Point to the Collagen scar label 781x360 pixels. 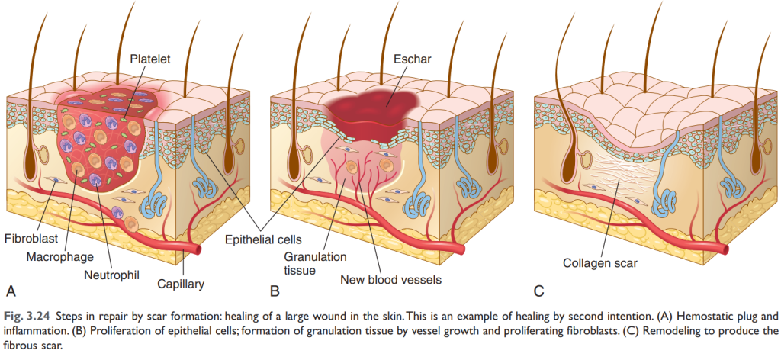pyautogui.click(x=599, y=263)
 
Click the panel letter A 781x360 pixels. pyautogui.click(x=11, y=290)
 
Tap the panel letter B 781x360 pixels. pyautogui.click(x=275, y=290)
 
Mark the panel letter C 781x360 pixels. pyautogui.click(x=539, y=290)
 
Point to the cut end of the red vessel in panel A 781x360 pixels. pyautogui.click(x=201, y=249)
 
